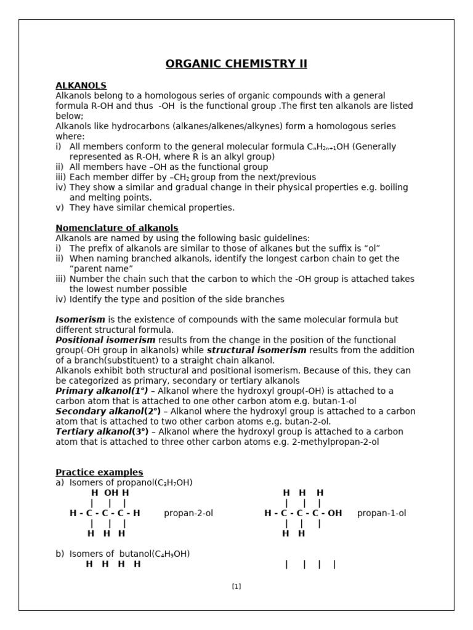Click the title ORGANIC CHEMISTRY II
coord(236,64)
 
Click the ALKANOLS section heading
coord(81,86)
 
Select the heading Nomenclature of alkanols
coord(117,228)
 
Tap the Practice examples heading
coord(99,472)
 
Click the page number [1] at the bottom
coord(236,586)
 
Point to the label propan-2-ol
coord(188,513)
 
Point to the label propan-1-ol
coord(382,513)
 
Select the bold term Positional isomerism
coord(105,340)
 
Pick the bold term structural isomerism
coord(256,350)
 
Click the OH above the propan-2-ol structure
coord(111,493)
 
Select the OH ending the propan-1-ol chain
coord(335,513)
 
